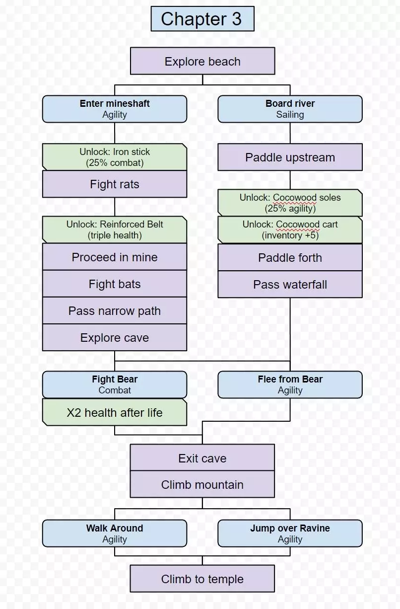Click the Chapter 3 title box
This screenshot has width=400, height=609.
pos(202,19)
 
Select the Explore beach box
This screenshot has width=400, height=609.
pos(202,61)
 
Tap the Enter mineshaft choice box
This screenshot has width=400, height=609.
pos(115,109)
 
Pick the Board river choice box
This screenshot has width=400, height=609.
pos(290,109)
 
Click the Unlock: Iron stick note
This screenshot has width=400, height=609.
pos(115,157)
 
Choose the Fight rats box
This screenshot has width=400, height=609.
pos(115,184)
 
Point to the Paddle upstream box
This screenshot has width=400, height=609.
pos(290,157)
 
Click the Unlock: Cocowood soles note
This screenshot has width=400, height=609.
pos(290,203)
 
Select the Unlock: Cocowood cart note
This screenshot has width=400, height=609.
pos(290,229)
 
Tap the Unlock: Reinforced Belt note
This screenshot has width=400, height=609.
pos(115,229)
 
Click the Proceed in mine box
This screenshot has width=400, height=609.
pos(115,257)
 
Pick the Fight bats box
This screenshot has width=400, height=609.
pos(115,284)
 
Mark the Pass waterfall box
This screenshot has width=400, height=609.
pos(290,285)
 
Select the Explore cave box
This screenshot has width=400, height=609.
pos(115,338)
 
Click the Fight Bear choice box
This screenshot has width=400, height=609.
pos(115,384)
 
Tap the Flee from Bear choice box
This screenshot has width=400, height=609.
pos(290,384)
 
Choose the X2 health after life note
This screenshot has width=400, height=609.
pos(115,412)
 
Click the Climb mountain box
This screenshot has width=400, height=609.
pos(202,484)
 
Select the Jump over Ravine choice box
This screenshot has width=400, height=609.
pos(290,533)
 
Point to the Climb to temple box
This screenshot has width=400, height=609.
pos(202,579)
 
